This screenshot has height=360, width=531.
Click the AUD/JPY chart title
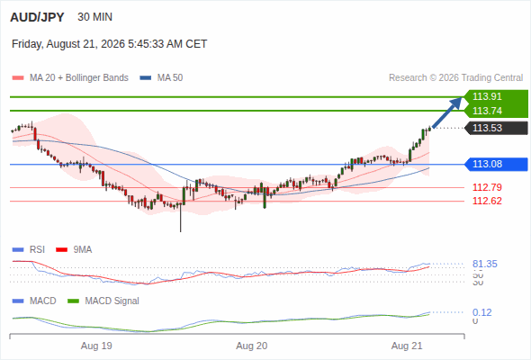point(37,17)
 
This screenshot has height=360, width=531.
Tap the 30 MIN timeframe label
point(94,17)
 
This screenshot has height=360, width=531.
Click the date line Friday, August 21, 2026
point(109,44)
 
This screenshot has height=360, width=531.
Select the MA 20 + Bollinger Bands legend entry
point(70,78)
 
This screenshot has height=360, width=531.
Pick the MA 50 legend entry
point(161,78)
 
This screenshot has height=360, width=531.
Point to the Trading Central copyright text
point(455,78)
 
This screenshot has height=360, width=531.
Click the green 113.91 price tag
point(496,96)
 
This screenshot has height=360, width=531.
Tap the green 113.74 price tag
point(496,111)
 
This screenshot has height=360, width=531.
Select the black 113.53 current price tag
point(496,128)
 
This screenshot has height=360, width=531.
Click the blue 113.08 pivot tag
point(496,165)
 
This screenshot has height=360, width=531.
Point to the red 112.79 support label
point(487,187)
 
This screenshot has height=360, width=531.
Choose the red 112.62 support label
point(487,202)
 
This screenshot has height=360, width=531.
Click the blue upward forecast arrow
point(447,112)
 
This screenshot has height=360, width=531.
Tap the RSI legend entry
point(29,250)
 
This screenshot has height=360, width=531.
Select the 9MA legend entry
point(74,250)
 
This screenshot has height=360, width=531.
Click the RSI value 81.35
point(485,264)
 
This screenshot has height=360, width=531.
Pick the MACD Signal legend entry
point(103,301)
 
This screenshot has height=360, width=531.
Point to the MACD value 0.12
point(482,312)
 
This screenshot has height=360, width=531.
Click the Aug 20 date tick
point(252,346)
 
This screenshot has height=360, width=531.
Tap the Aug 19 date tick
point(96,346)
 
